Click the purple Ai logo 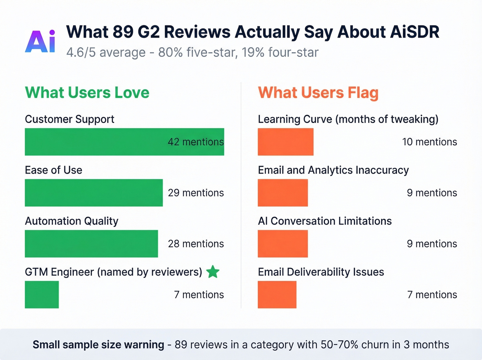pos(40,41)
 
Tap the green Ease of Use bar pos(94,193)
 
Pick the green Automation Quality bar pos(91,244)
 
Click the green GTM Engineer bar pos(42,295)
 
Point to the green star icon pos(213,272)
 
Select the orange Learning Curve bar pos(285,142)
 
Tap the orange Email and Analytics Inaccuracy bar pos(283,193)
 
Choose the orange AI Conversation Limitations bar pos(283,244)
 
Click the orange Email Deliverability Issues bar pos(277,295)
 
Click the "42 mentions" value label pos(196,142)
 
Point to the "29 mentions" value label pos(196,193)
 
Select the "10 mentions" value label pos(429,142)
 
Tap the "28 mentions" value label pos(196,244)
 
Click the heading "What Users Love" pos(87,93)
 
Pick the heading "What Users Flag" pos(318,93)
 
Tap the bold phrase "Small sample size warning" pos(98,344)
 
